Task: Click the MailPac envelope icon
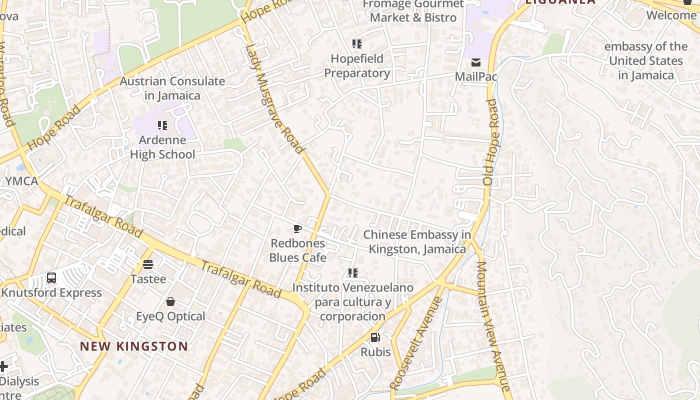pos(475,62)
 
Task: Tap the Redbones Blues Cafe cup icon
pos(297,229)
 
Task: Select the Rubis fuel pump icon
pos(375,337)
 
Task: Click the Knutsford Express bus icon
pos(51,278)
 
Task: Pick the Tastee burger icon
pos(147,264)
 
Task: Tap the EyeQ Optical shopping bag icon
pos(170,301)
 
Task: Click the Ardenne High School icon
pos(162,125)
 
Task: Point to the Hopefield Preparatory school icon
pos(356,44)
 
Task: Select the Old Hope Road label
pos(491,142)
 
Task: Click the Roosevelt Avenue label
pos(416,343)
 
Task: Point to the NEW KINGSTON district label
pos(134,346)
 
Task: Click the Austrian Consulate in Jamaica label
pos(172,88)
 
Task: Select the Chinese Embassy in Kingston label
pos(417,241)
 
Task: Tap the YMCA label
pos(21,181)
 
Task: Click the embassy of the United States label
pos(645,61)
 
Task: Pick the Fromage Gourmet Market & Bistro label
pos(413,10)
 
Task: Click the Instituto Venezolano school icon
pos(353,273)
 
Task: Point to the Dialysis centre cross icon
pos(3,366)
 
